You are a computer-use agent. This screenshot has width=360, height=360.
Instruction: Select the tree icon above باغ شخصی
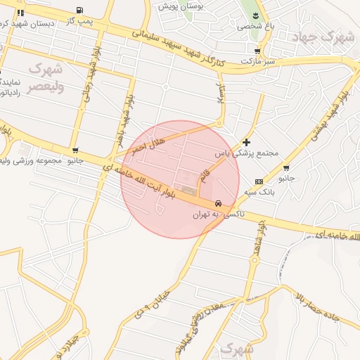pos(255,15)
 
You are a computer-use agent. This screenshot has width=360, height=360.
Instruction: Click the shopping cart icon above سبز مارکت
pos(257,51)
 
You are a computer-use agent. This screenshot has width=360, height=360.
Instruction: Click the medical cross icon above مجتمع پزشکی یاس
pos(246,142)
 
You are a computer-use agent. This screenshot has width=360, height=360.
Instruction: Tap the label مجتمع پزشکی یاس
pos(246,153)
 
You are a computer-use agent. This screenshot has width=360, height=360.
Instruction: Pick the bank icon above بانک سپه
pos(259,181)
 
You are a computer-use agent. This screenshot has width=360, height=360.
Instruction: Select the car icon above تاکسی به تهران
pos(218,203)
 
